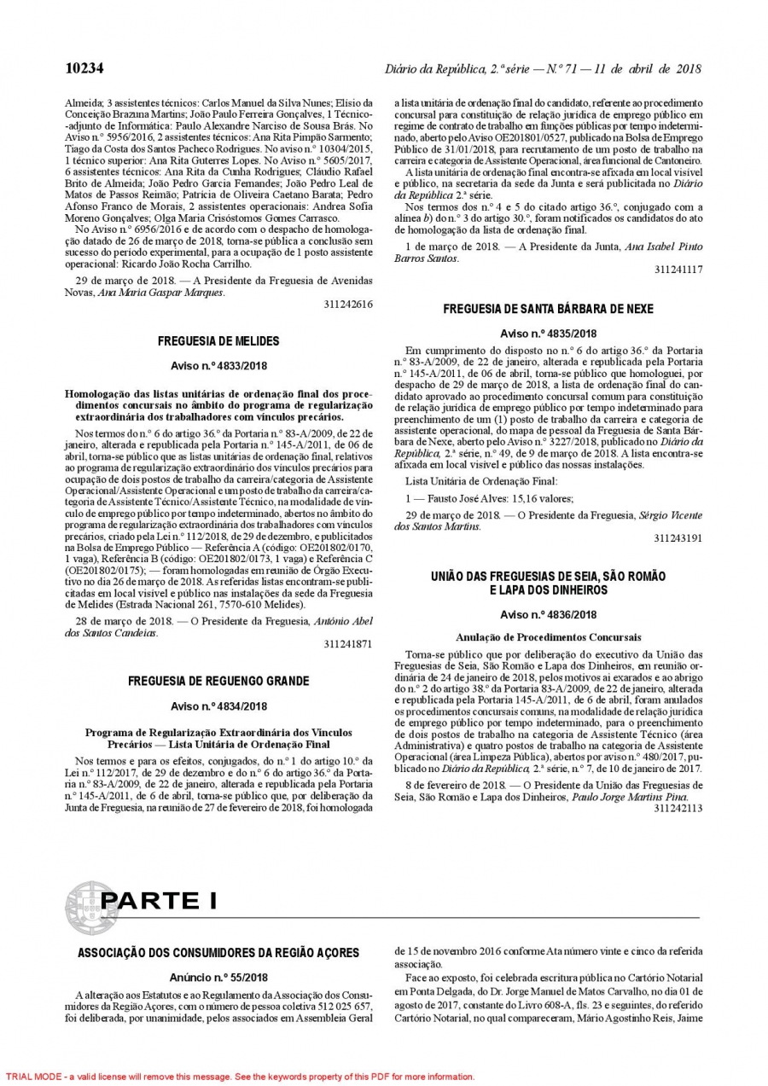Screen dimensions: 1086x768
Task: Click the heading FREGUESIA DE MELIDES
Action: [218, 341]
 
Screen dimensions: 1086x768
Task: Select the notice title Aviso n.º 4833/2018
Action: [218, 366]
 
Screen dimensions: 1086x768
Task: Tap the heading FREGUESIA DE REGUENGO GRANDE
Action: [218, 682]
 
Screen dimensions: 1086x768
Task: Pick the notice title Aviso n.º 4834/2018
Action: [218, 706]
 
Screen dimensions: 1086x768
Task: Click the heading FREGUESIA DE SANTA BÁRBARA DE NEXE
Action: [548, 309]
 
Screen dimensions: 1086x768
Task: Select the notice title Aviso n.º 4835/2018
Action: [548, 334]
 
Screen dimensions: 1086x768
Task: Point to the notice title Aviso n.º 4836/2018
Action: [548, 614]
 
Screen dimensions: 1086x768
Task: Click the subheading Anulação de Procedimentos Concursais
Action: [548, 637]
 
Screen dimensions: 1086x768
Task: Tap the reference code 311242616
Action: [348, 304]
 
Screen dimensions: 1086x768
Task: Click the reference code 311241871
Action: [348, 644]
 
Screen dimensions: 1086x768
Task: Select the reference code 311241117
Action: [678, 270]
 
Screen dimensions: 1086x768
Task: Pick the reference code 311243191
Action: [678, 538]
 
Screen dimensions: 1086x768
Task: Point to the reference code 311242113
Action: [678, 808]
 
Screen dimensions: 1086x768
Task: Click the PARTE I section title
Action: [159, 901]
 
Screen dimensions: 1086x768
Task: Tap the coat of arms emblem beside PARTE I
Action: [90, 908]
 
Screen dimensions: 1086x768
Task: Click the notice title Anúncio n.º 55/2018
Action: [218, 978]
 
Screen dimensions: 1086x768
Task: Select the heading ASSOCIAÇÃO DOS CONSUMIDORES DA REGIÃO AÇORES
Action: [218, 953]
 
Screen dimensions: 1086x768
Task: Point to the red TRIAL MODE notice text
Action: [238, 1077]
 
